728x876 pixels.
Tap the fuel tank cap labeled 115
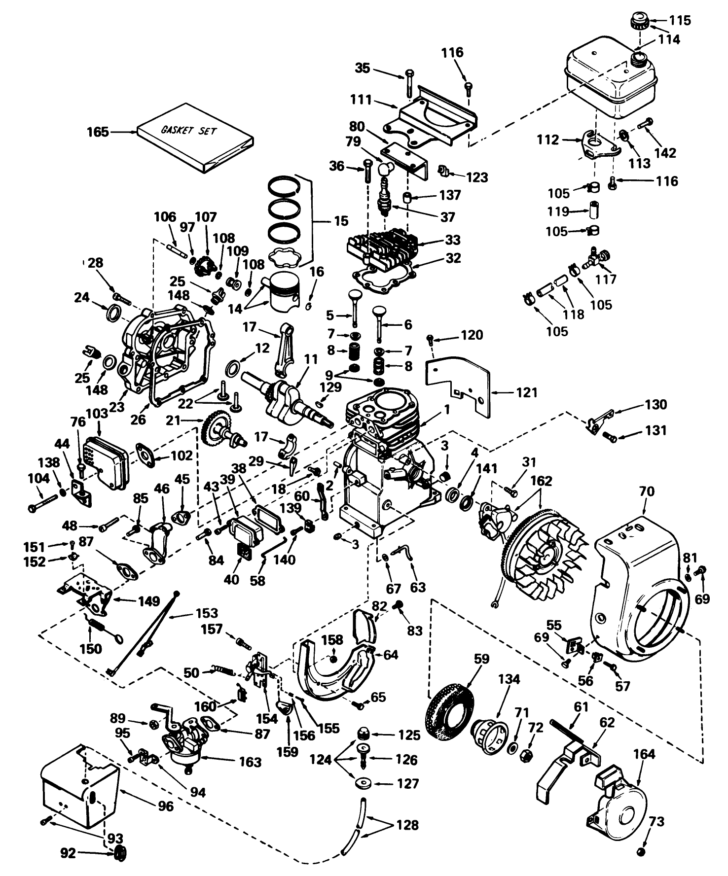tap(638, 22)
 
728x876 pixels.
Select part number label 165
tap(98, 132)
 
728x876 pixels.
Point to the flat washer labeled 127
tap(364, 783)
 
